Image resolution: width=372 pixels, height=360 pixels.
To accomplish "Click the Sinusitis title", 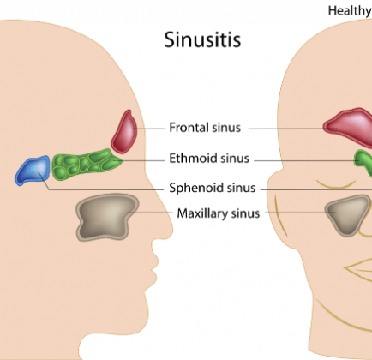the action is pyautogui.click(x=202, y=39).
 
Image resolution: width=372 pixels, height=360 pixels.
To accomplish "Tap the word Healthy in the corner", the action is pyautogui.click(x=350, y=11).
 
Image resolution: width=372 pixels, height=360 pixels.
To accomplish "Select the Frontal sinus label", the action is pyautogui.click(x=205, y=128).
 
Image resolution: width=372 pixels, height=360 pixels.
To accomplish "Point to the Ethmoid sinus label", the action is pyautogui.click(x=209, y=158).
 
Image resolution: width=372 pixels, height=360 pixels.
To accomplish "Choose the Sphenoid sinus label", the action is pyautogui.click(x=213, y=188).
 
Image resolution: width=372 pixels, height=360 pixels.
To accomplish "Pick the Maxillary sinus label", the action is pyautogui.click(x=219, y=213).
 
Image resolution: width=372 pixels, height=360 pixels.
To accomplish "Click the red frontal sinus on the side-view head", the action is pyautogui.click(x=124, y=132).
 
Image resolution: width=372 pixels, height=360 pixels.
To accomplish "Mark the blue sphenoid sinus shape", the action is pyautogui.click(x=33, y=171).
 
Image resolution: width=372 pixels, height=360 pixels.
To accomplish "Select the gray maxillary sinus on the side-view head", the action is pyautogui.click(x=106, y=217).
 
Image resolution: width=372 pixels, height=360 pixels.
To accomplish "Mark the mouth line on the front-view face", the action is pyautogui.click(x=357, y=268).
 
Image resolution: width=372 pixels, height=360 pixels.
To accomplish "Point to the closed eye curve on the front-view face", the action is pyautogui.click(x=336, y=184).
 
